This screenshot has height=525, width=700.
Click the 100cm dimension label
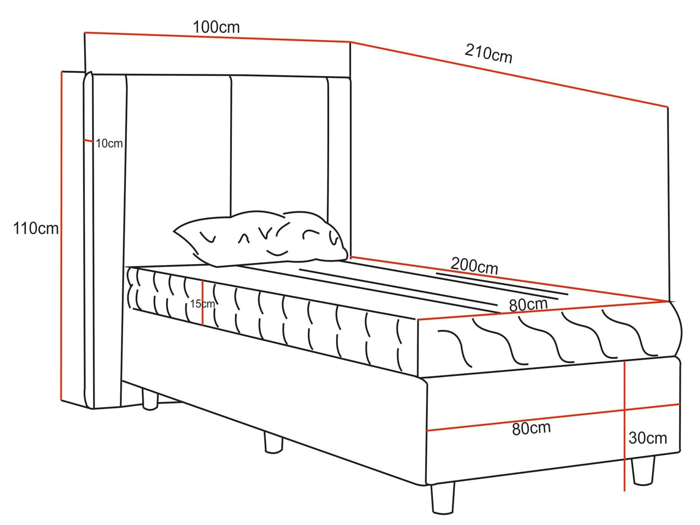pyautogui.click(x=216, y=27)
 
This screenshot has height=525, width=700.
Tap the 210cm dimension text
pyautogui.click(x=488, y=53)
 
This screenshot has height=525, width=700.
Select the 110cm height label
pyautogui.click(x=36, y=228)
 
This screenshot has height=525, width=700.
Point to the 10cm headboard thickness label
pyautogui.click(x=109, y=144)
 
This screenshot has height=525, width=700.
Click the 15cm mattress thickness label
pyautogui.click(x=202, y=304)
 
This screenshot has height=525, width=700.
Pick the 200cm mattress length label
pyautogui.click(x=474, y=266)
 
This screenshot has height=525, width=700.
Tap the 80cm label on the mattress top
pyautogui.click(x=528, y=305)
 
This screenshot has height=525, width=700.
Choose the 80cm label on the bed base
pyautogui.click(x=531, y=428)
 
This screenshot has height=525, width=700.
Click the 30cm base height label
pyautogui.click(x=647, y=438)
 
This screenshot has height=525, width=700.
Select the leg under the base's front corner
pyautogui.click(x=442, y=498)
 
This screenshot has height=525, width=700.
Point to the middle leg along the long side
pyautogui.click(x=273, y=442)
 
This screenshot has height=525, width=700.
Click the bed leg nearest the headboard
pyautogui.click(x=150, y=400)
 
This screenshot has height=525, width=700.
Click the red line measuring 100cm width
pyautogui.click(x=217, y=37)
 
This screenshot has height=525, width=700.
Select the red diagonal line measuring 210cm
pyautogui.click(x=509, y=75)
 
